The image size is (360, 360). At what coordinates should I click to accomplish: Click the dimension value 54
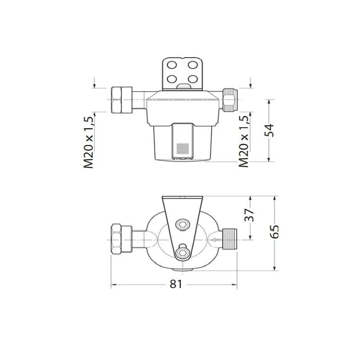[269, 130]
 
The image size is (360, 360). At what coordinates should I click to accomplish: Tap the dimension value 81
[176, 284]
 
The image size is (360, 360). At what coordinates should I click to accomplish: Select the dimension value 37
[250, 215]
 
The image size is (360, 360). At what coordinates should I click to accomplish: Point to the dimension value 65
[274, 232]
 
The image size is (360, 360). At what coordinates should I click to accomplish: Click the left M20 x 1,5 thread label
[88, 143]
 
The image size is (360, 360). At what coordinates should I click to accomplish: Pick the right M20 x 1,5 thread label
[244, 141]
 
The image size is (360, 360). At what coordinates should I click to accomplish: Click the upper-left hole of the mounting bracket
[172, 65]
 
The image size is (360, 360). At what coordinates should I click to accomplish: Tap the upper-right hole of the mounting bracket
[192, 65]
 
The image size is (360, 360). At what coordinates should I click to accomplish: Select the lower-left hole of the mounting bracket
[172, 79]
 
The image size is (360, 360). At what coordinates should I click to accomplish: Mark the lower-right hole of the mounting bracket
[192, 79]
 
